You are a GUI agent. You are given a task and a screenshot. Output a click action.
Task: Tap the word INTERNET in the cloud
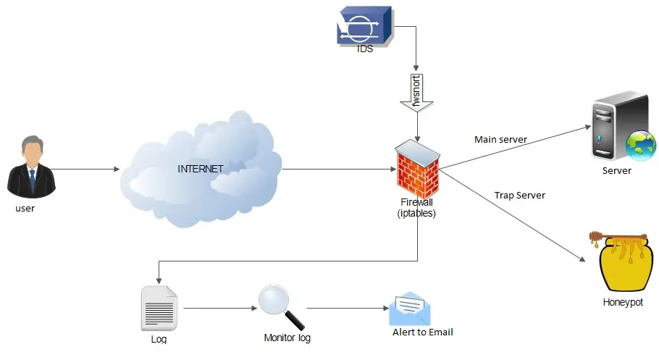201,169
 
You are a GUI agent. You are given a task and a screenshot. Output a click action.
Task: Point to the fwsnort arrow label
416,91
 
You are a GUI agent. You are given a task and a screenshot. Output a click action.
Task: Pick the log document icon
159,309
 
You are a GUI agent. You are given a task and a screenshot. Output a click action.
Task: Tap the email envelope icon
409,309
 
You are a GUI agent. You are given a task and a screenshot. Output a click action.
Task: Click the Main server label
500,139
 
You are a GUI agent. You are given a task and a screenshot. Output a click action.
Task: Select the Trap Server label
519,196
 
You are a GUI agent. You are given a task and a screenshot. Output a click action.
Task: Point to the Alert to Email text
423,332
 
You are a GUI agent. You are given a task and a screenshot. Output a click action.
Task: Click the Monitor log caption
287,338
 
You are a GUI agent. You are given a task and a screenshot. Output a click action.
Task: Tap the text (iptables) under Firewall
416,213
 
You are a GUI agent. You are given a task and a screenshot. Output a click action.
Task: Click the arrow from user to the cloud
87,169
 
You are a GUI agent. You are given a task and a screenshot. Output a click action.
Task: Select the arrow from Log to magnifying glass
217,309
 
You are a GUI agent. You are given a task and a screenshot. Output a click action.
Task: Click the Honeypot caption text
622,302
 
